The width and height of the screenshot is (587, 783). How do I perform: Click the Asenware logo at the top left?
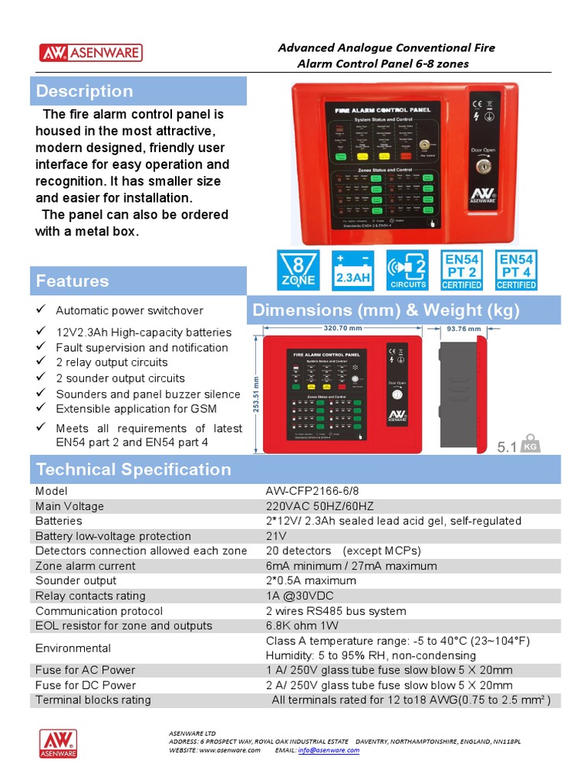(x=90, y=53)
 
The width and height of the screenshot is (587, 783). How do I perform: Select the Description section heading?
(x=84, y=91)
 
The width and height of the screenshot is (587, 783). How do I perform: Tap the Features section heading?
(x=72, y=281)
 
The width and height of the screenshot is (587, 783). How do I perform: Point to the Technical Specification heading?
(x=133, y=469)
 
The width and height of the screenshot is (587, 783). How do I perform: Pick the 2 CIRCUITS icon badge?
(x=407, y=270)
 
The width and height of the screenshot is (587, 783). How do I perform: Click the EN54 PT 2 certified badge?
(x=462, y=270)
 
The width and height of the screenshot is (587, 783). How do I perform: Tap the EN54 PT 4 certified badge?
(x=517, y=270)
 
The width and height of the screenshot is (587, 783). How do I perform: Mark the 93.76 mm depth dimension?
(x=463, y=329)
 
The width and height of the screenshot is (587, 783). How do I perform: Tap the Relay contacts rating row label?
(x=90, y=596)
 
